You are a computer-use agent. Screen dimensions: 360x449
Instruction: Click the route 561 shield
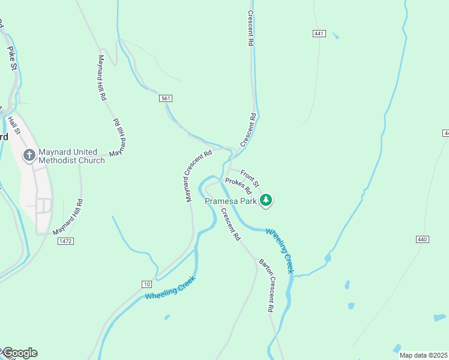pyautogui.click(x=166, y=98)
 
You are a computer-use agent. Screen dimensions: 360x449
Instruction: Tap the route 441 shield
pyautogui.click(x=319, y=34)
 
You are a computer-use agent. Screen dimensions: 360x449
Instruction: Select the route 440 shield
pyautogui.click(x=423, y=239)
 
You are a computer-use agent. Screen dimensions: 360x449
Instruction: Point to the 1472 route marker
pyautogui.click(x=65, y=241)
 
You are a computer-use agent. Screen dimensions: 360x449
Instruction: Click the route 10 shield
pyautogui.click(x=147, y=284)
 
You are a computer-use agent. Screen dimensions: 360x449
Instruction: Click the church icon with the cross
pyautogui.click(x=28, y=156)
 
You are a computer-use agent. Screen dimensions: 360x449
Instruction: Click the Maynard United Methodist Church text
pyautogui.click(x=71, y=156)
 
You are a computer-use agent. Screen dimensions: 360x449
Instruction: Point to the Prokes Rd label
pyautogui.click(x=238, y=186)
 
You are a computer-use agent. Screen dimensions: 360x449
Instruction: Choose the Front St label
pyautogui.click(x=250, y=177)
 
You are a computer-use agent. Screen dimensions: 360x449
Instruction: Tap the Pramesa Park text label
pyautogui.click(x=231, y=201)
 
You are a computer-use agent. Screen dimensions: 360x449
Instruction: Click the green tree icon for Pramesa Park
pyautogui.click(x=266, y=200)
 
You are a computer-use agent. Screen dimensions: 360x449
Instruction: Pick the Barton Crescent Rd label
pyautogui.click(x=267, y=286)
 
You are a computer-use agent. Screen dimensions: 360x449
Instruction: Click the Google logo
pyautogui.click(x=19, y=353)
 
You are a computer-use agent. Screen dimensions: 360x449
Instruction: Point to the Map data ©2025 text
pyautogui.click(x=424, y=355)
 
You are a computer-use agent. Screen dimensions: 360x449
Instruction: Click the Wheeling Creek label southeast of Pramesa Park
pyautogui.click(x=280, y=250)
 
